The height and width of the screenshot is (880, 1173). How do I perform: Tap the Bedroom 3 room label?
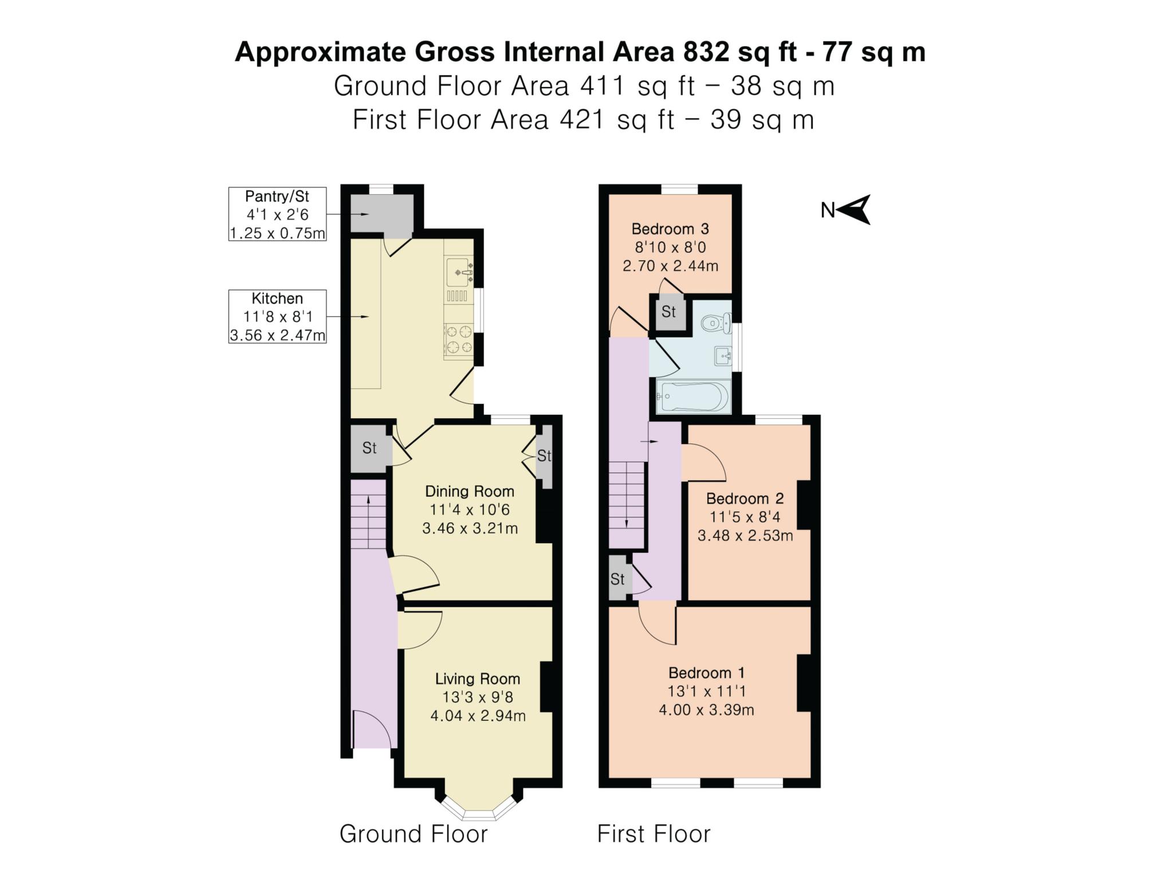pos(670,229)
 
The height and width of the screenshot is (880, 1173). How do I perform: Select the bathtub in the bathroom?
pos(693,396)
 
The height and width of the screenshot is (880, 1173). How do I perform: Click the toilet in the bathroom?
pos(716,324)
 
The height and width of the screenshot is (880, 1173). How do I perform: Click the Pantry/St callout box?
pos(277,214)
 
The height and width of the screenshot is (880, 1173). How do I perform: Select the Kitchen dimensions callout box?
pos(277,316)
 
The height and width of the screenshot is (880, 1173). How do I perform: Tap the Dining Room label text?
pos(470,492)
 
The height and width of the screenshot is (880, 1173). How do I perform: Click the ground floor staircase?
pos(368,521)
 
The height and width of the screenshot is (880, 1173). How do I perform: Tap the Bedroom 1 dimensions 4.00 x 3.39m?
pos(706,710)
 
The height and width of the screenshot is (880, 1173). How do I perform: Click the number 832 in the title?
pos(706,52)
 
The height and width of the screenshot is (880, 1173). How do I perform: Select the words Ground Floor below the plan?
pos(414,834)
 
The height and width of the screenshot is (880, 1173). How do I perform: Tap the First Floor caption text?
pos(654,834)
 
